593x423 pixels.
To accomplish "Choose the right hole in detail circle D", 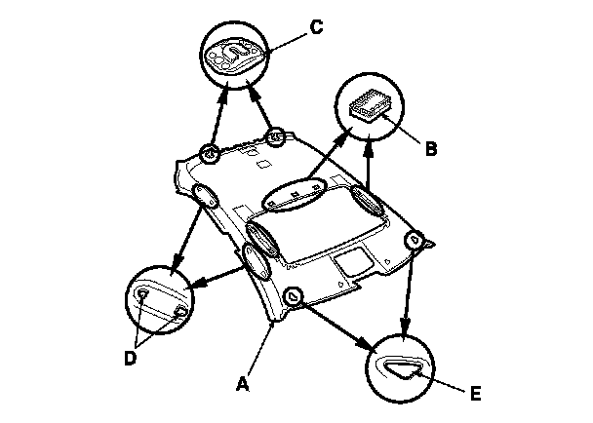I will [x=180, y=311].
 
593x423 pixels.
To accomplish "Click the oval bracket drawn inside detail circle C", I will [x=235, y=51].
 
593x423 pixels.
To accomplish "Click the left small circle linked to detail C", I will [x=208, y=153].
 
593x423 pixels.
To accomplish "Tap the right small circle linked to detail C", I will [x=276, y=137].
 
